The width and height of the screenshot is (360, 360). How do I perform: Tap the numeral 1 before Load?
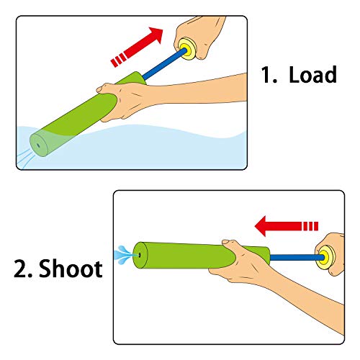click(268, 75)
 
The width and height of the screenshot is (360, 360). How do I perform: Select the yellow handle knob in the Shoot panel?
click(325, 254)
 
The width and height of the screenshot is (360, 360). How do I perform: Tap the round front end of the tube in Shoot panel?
click(140, 253)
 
